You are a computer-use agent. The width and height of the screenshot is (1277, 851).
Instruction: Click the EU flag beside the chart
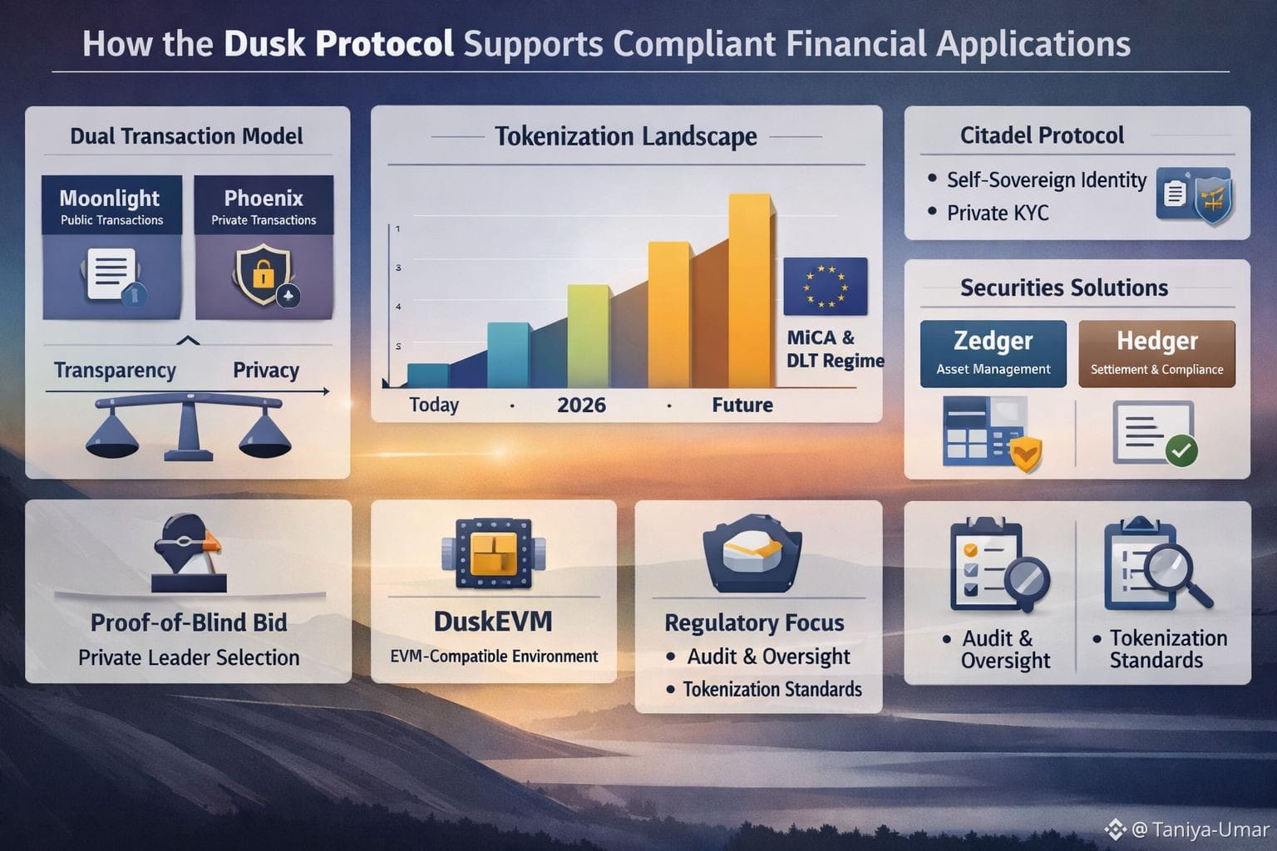pyautogui.click(x=825, y=286)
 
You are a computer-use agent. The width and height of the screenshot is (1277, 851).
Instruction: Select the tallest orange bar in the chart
pyautogui.click(x=749, y=291)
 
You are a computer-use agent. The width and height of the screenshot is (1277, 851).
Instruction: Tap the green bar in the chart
pyautogui.click(x=588, y=336)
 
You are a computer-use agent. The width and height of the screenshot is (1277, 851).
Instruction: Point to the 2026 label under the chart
pyautogui.click(x=581, y=406)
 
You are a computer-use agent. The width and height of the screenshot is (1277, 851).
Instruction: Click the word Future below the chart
pyautogui.click(x=742, y=406)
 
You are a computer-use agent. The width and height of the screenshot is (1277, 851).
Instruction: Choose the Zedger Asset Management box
pyautogui.click(x=993, y=354)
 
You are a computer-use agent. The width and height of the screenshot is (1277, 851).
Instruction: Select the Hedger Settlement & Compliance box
pyautogui.click(x=1156, y=354)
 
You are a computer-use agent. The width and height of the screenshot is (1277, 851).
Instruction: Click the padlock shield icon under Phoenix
pyautogui.click(x=264, y=274)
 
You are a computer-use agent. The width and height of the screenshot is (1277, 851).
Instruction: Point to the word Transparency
pyautogui.click(x=115, y=371)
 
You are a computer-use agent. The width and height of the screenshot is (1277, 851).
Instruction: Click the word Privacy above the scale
pyautogui.click(x=266, y=371)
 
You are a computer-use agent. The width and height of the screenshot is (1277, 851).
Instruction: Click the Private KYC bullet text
pyautogui.click(x=998, y=214)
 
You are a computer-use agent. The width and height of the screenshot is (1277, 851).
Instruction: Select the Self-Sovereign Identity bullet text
pyautogui.click(x=1046, y=180)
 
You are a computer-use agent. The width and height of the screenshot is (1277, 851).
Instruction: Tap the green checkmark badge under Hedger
pyautogui.click(x=1181, y=450)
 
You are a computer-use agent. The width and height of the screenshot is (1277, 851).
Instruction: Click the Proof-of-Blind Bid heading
pyautogui.click(x=189, y=622)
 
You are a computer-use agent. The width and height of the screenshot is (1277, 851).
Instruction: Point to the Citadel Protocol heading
pyautogui.click(x=1042, y=135)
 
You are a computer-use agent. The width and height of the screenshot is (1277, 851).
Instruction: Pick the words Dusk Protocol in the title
pyautogui.click(x=338, y=44)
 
